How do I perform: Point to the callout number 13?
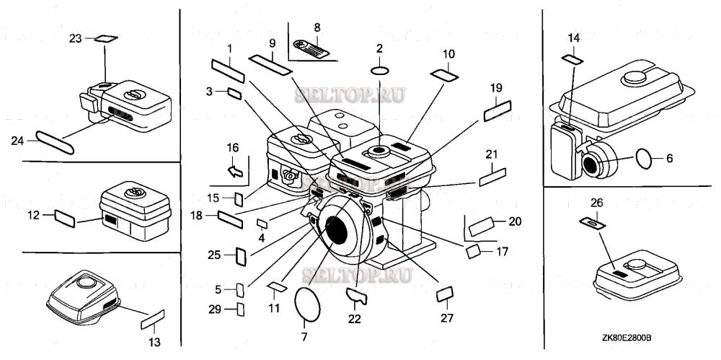(x=154, y=341)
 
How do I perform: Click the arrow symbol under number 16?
(x=233, y=171)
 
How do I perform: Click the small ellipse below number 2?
(x=381, y=71)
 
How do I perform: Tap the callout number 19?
(x=496, y=88)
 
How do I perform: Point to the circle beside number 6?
(x=645, y=159)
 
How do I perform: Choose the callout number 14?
(x=573, y=37)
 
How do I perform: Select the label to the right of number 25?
(x=242, y=256)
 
